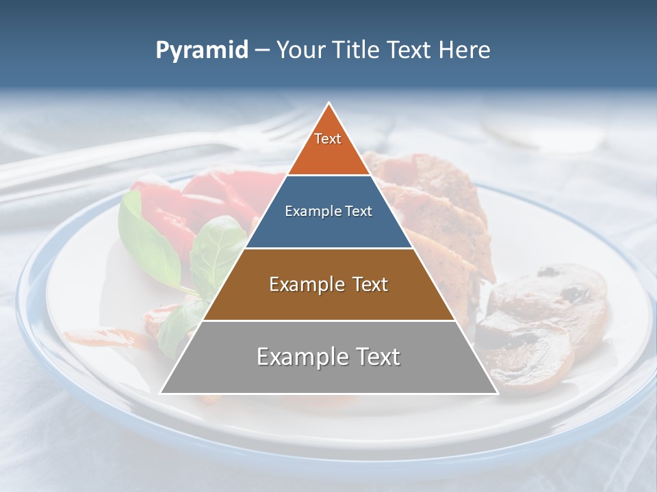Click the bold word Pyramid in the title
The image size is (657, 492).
coord(202,51)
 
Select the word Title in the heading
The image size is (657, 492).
coord(359,51)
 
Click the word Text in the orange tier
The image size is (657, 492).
coord(328,139)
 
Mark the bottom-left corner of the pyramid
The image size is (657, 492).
coord(162,393)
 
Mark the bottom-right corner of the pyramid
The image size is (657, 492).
coord(496,393)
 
